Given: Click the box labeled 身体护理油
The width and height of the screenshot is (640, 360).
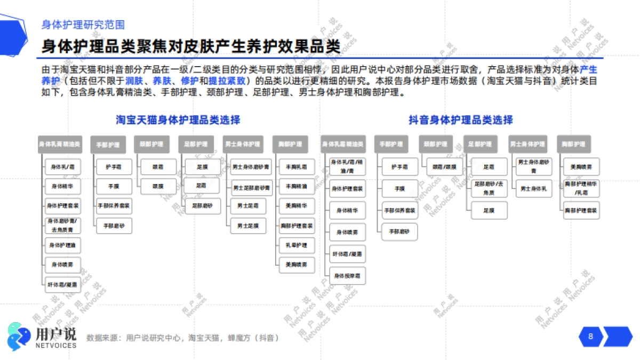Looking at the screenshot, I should click(62, 245).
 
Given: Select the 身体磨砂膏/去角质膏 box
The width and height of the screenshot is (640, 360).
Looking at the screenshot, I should click(62, 226).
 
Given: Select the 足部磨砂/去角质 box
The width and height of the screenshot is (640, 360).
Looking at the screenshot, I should click(489, 188).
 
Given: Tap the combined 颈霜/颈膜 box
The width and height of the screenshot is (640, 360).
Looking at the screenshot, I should click(444, 166).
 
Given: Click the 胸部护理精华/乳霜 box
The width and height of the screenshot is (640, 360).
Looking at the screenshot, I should click(580, 188).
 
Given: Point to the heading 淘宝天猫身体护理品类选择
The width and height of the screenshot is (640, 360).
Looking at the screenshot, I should click(178, 120).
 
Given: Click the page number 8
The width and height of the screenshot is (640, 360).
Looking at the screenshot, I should click(590, 337).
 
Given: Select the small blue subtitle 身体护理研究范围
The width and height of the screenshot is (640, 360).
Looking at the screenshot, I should click(83, 25).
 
